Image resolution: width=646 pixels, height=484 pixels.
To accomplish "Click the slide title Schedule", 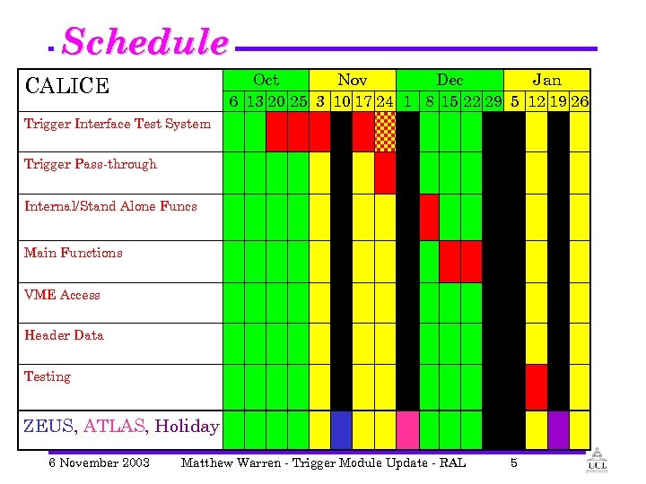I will pos(145,42).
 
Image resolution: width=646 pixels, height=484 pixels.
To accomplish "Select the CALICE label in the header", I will pos(67,86).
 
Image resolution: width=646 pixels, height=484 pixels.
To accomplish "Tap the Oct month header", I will pos(266,81).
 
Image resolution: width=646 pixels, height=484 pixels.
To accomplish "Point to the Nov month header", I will pos(352,81).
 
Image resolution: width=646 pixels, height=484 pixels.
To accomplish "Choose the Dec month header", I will pos(449,81).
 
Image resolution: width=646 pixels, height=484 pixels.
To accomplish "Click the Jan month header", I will pos(546,81).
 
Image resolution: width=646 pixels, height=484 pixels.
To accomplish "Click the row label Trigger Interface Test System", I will pos(118,124).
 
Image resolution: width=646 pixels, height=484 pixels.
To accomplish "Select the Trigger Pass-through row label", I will pos(90,164).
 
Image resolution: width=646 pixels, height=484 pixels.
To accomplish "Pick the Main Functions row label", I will pos(74,253).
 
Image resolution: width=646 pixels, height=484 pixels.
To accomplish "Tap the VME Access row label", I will pos(62,295).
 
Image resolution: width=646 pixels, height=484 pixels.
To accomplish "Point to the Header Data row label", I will pos(64,335).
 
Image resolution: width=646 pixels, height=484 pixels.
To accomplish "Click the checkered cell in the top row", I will pos(385,132).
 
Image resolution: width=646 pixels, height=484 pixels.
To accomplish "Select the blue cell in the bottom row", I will pos(341,430).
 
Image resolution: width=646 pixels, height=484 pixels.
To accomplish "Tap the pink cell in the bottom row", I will pos(407,430).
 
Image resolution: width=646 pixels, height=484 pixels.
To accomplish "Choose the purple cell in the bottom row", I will pos(558,430).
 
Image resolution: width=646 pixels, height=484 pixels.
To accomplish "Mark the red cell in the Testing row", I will pos(536,386).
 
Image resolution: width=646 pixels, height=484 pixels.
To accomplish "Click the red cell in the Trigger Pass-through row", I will pos(385,173).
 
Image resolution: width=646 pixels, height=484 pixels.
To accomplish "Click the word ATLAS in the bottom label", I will pos(114,426).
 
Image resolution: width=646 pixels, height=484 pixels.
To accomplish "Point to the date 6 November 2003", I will pos(99,462).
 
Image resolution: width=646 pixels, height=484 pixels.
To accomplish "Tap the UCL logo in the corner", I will pos(596,462).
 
